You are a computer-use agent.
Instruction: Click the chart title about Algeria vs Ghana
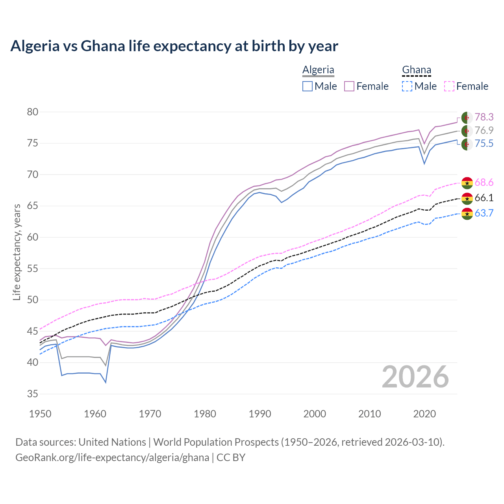(x=174, y=46)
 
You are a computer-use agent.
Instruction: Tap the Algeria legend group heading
(x=318, y=70)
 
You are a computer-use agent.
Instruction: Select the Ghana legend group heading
(x=417, y=70)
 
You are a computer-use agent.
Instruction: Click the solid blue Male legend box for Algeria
(x=308, y=86)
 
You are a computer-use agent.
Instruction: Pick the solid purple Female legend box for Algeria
(x=349, y=86)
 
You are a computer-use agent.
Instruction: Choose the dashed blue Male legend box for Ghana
(x=407, y=86)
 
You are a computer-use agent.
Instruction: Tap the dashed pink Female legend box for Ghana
(x=449, y=86)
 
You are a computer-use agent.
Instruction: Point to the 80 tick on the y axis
(x=32, y=112)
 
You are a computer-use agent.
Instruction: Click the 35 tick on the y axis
(x=32, y=394)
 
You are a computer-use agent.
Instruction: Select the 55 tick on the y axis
(x=32, y=269)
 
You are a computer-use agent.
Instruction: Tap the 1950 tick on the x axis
(x=40, y=414)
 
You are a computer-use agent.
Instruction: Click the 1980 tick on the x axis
(x=205, y=414)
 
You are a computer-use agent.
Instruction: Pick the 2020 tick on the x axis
(x=424, y=414)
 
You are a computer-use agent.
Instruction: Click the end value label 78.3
(x=484, y=117)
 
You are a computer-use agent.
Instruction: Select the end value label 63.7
(x=484, y=213)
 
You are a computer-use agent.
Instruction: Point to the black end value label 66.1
(x=484, y=198)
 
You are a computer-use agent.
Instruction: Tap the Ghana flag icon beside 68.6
(x=467, y=183)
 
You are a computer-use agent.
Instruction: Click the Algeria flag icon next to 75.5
(x=467, y=144)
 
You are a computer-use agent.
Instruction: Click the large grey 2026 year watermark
(x=415, y=377)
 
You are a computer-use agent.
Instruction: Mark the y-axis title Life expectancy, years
(x=17, y=252)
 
